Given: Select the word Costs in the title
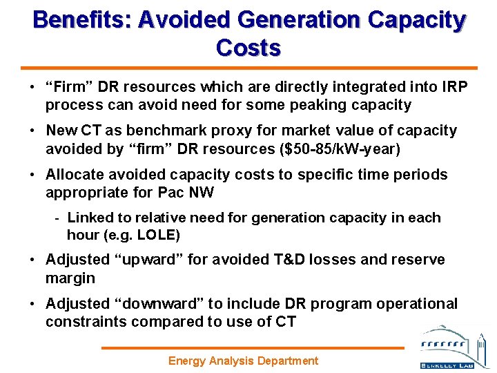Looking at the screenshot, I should point(248,48).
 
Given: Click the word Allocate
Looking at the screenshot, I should point(75,174).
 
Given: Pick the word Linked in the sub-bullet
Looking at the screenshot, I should point(90,218).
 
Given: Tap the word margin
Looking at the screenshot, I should point(70,278).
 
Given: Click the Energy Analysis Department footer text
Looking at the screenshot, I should point(244,361).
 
